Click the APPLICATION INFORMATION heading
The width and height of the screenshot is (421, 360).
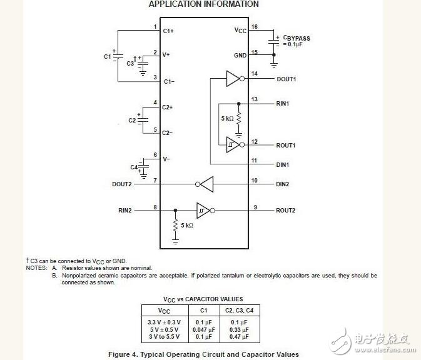pos(203,4)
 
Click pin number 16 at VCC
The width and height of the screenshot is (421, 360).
pos(255,27)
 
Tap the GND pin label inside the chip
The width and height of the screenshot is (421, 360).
pos(240,56)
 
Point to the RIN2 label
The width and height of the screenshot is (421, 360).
pos(124,211)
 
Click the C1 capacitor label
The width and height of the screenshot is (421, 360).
pos(107,56)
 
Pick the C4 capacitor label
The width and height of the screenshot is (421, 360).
pos(133,167)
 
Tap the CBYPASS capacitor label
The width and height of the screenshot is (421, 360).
pos(296,38)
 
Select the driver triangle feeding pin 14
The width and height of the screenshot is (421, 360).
pos(233,79)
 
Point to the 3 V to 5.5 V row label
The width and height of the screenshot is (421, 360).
pos(164,337)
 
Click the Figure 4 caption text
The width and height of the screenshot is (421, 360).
pos(199,354)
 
